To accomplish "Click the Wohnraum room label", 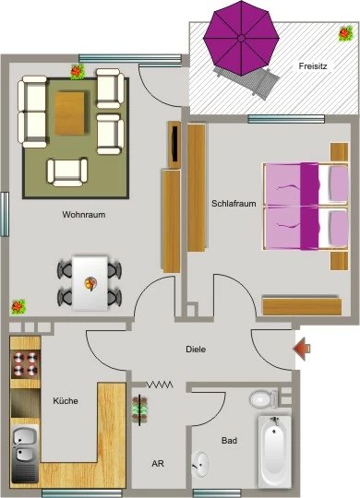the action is [84, 214].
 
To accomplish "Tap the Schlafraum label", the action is [234, 204].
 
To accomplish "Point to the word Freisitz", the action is [313, 66].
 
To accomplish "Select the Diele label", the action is [196, 350].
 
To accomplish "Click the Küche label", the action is [66, 401].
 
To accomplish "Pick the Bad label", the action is [229, 441].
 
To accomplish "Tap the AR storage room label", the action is [158, 464].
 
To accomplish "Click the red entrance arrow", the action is [302, 349].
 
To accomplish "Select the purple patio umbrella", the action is [241, 38].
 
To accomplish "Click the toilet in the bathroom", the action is [264, 399].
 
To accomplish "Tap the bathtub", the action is [275, 451].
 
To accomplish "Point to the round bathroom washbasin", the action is [200, 464].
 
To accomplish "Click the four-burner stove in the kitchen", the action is [26, 364].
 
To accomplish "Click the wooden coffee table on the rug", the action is [69, 113].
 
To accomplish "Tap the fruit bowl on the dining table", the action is [91, 283].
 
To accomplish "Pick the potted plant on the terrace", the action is [345, 33].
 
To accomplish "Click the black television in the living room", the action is [174, 144].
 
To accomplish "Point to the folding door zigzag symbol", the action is [160, 385].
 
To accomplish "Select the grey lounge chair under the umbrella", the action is [246, 82].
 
